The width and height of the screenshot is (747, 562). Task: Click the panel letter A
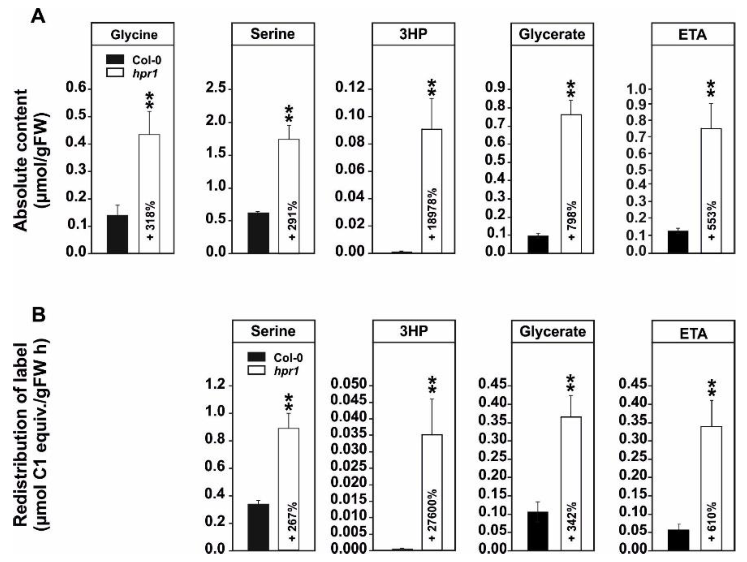(x=38, y=15)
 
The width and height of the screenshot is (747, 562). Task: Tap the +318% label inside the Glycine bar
(x=150, y=220)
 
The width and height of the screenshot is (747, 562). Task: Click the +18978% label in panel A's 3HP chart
(x=432, y=214)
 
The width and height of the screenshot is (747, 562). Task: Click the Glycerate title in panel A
(x=552, y=34)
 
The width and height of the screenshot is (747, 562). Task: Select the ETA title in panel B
(x=693, y=333)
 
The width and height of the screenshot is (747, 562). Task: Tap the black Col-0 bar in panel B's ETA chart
(x=678, y=540)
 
